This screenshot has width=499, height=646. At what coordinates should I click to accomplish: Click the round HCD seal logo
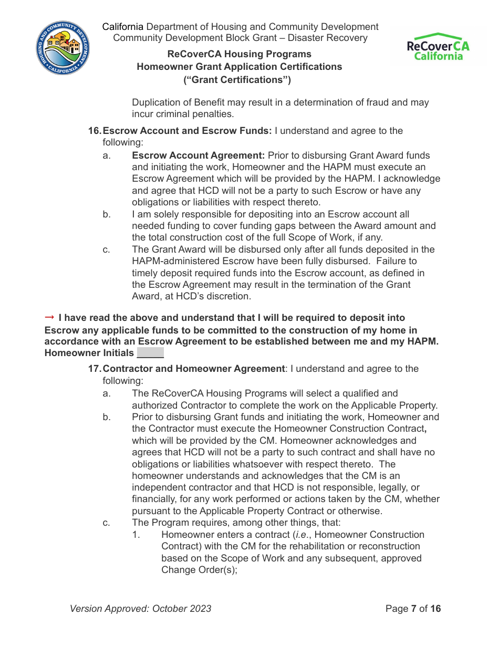[63, 48]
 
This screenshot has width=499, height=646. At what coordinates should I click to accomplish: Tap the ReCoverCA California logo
[438, 47]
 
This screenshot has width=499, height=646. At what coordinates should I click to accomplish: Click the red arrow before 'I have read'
[50, 317]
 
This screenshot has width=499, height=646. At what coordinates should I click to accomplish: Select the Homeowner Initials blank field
[150, 353]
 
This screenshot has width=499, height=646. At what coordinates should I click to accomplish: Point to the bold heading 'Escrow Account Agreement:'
[199, 155]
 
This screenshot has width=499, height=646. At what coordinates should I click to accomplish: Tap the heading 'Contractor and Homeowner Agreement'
[193, 369]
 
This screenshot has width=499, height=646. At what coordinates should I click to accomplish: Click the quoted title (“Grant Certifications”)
[237, 80]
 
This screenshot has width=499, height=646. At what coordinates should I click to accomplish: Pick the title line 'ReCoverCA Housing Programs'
[239, 54]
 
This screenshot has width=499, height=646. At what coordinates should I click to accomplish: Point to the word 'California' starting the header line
[122, 27]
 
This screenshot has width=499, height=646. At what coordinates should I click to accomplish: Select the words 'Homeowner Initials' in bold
[89, 353]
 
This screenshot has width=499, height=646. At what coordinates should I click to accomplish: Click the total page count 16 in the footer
[435, 609]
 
